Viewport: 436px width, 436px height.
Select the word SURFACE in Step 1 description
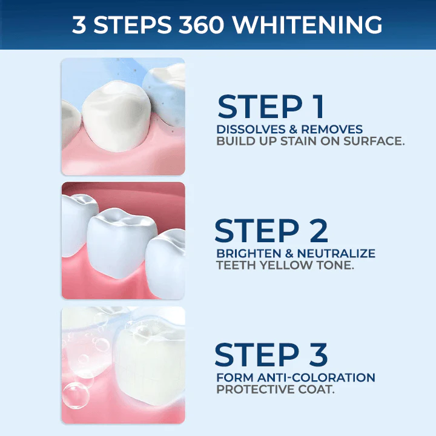(x=374, y=142)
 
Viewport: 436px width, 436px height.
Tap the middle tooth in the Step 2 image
(x=118, y=239)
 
